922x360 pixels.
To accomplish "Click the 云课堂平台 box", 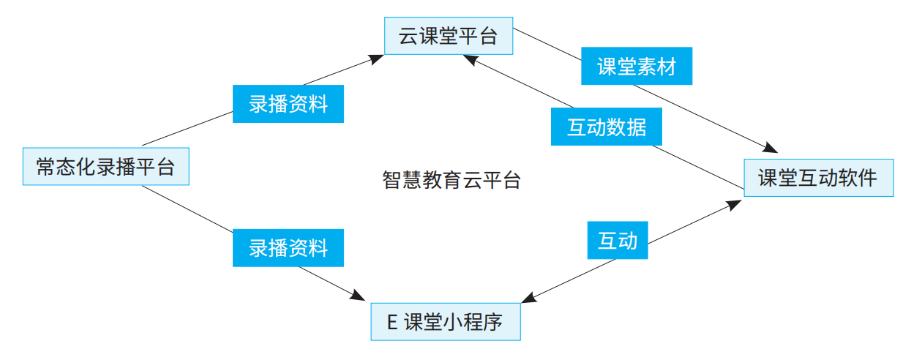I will point(448,36).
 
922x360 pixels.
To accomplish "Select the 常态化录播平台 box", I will point(106,167).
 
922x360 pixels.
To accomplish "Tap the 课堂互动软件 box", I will point(818,178).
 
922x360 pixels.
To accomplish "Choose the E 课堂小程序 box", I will point(445,321).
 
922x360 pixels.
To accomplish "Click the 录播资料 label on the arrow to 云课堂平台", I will point(288,104).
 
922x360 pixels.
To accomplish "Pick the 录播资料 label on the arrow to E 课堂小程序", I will point(288,248).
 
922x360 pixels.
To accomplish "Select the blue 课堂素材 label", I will point(636,67).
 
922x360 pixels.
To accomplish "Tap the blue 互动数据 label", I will point(607,127).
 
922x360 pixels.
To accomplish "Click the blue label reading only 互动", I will point(618,241).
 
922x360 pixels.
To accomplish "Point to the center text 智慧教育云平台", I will point(451,180).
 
